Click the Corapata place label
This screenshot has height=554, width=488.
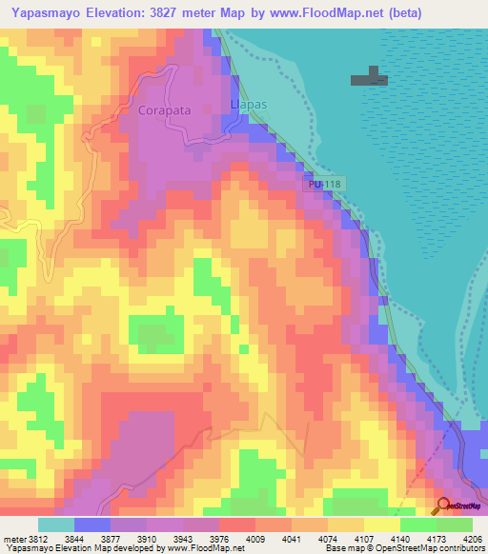(165, 110)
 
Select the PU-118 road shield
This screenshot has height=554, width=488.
(324, 184)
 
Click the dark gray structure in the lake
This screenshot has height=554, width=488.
(369, 78)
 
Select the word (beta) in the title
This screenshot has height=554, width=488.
(402, 12)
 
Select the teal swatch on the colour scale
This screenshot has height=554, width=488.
(56, 524)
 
